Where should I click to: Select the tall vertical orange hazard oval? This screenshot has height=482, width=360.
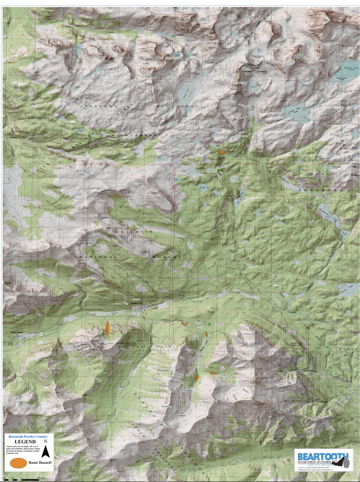pos(108,328)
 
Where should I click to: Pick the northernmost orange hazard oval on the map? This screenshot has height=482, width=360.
pos(221,152)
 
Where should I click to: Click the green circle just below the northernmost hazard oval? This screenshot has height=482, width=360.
pos(218,171)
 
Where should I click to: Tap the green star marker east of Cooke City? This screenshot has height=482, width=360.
pos(209,324)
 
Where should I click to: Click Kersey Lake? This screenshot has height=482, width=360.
pos(347,286)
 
